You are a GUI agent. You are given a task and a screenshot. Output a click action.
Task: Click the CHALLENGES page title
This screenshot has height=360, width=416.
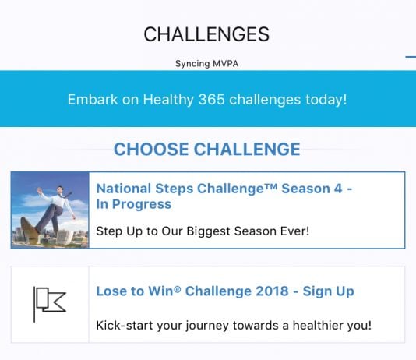point(206,34)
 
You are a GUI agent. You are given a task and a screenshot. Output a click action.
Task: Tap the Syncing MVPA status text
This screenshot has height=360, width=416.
point(206,64)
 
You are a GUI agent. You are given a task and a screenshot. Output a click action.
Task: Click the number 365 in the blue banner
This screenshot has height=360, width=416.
point(211,100)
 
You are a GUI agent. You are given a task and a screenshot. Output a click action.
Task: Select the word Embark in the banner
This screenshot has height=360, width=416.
point(93,100)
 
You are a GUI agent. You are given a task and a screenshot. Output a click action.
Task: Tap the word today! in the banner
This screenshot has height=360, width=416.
point(326,100)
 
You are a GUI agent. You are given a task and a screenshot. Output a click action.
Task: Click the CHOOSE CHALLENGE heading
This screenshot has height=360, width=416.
point(207,149)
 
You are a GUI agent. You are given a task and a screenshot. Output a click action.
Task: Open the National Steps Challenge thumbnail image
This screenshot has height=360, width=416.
point(50,210)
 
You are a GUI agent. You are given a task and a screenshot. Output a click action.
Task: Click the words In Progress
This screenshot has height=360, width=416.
point(134,204)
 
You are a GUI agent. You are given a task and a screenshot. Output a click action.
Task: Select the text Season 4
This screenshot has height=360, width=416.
point(312,189)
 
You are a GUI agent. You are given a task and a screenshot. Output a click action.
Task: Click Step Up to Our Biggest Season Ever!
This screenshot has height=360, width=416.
point(203,231)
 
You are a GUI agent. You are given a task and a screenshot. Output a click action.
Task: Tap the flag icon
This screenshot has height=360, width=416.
point(50,305)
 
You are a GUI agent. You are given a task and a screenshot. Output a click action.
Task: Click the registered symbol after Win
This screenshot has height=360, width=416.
point(178,288)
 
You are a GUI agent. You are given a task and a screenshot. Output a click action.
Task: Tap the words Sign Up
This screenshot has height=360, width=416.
point(329,291)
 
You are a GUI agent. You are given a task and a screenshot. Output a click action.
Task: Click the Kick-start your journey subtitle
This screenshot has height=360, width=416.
point(234,326)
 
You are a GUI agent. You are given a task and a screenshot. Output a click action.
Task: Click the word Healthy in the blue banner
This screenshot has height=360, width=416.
point(168,100)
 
